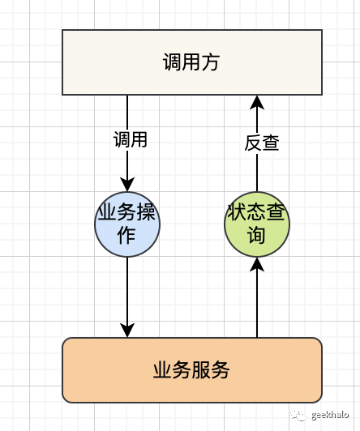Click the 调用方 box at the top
click(x=192, y=62)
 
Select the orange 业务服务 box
click(x=192, y=370)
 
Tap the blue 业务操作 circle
click(x=127, y=224)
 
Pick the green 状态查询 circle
click(x=256, y=224)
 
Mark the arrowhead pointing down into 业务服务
click(x=127, y=330)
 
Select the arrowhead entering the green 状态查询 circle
click(x=257, y=264)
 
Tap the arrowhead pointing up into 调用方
click(x=257, y=102)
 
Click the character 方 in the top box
click(x=212, y=62)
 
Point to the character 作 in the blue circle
click(x=127, y=235)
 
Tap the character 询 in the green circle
click(x=256, y=236)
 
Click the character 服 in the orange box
click(x=201, y=371)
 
